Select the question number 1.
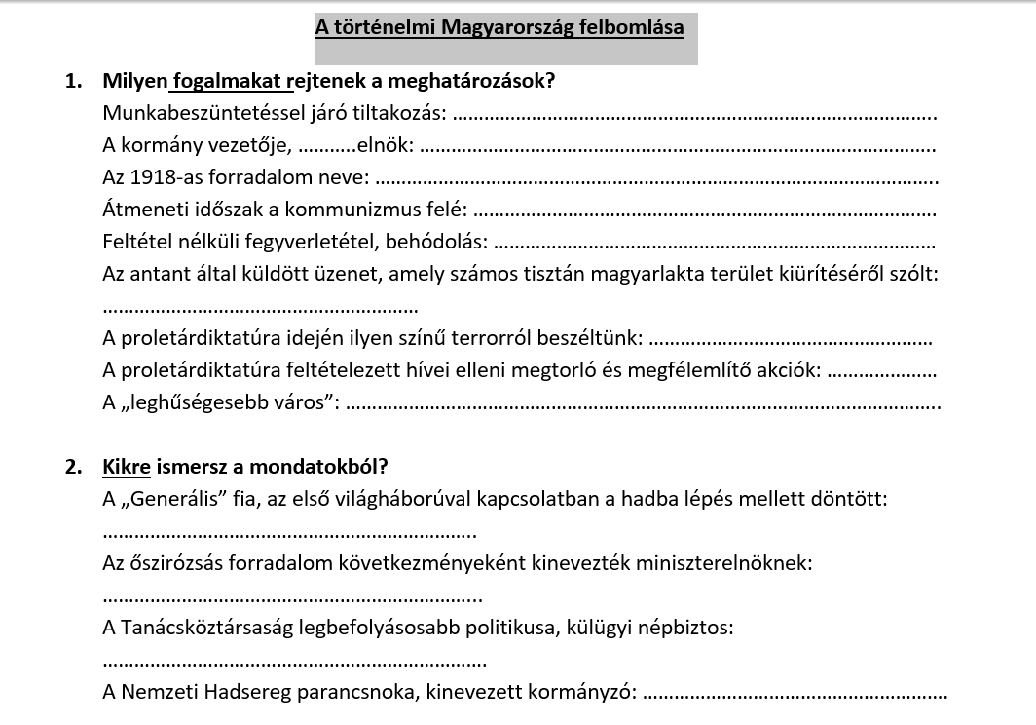[x=74, y=81]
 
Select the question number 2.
[x=74, y=467]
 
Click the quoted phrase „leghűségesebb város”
[x=219, y=402]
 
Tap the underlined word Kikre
[x=127, y=467]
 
